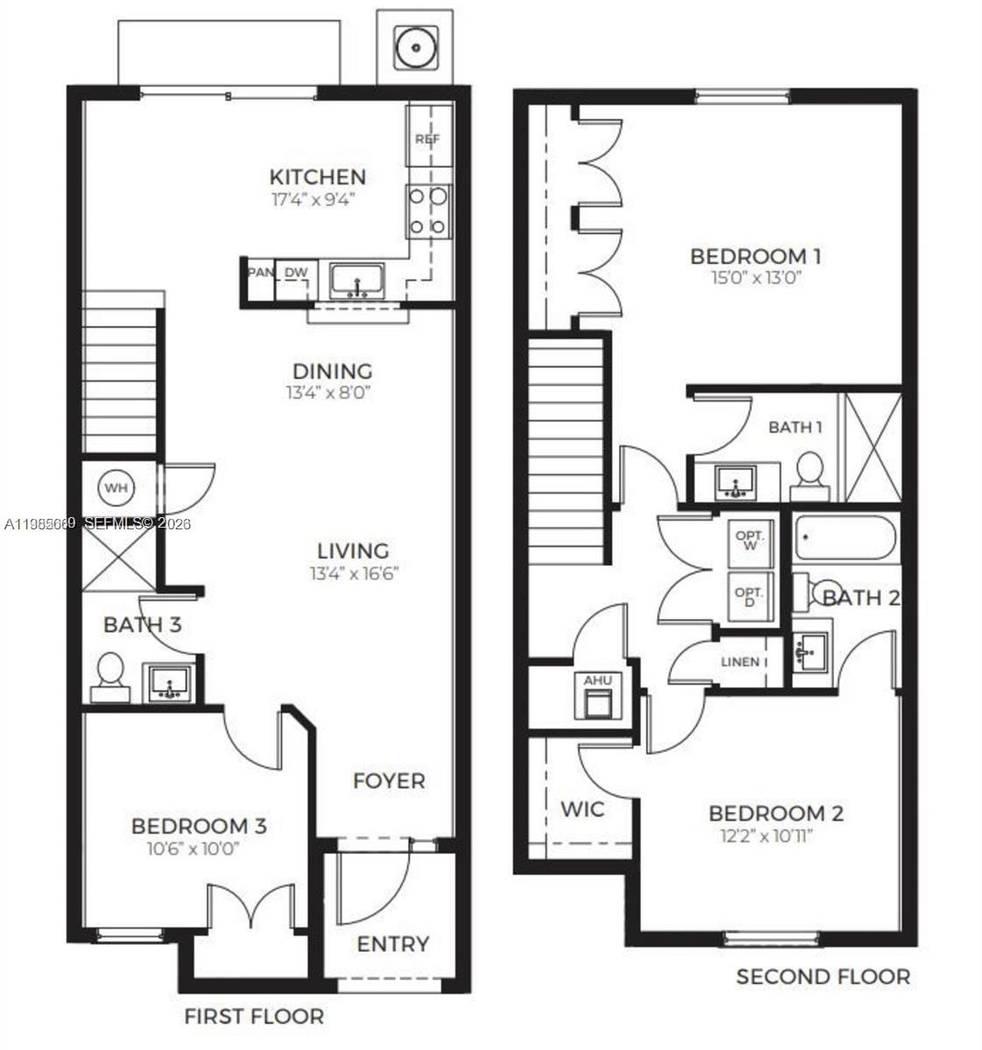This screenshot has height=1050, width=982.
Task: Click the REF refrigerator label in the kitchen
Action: tap(427, 138)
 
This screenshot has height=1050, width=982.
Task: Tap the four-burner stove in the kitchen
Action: tap(428, 212)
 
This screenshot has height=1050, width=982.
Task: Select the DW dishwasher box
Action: tap(296, 273)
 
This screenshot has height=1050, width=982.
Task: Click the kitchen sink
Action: tap(357, 281)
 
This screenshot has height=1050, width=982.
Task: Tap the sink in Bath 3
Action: tap(169, 682)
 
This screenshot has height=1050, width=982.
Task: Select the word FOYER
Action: tap(389, 780)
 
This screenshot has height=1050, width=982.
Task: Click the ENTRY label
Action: tap(393, 944)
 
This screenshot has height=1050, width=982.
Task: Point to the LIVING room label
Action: tap(353, 551)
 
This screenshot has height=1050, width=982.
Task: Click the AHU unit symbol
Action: tap(598, 696)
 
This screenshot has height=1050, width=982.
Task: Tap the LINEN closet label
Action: tap(740, 661)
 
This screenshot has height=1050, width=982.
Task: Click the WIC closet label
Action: tap(582, 808)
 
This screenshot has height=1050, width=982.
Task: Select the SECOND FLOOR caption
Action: tap(823, 976)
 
